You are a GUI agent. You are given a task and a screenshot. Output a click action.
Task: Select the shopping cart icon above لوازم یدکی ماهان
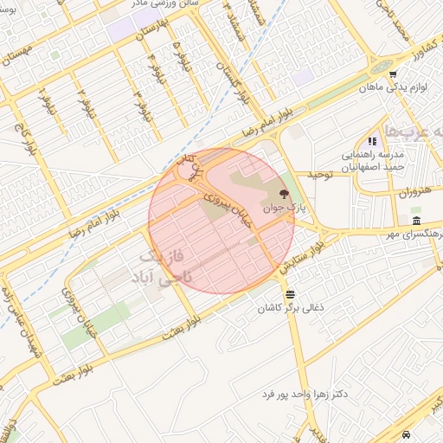tap(393, 74)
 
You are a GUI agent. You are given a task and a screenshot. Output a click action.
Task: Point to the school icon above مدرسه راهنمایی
tap(372, 141)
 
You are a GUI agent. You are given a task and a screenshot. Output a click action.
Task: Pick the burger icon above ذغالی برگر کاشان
tap(289, 295)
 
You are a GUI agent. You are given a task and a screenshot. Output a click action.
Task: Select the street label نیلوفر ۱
tap(44, 105)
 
